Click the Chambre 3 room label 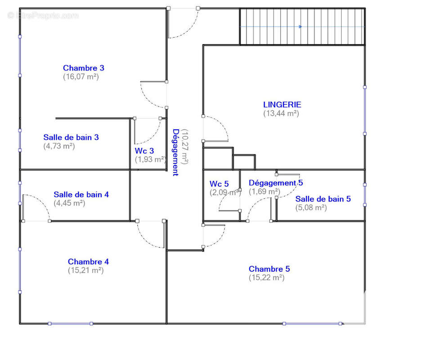click(84, 68)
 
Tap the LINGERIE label click(282, 104)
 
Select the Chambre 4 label click(88, 261)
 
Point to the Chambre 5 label click(269, 269)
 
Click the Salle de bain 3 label click(71, 137)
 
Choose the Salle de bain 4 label click(81, 195)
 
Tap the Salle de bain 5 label click(323, 199)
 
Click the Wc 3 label click(144, 151)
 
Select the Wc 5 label click(219, 184)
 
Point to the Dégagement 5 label click(276, 183)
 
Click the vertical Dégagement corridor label click(176, 152)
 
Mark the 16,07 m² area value click(81, 76)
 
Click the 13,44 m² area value click(281, 113)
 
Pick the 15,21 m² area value click(85, 270)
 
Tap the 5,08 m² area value click(311, 207)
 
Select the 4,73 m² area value click(59, 146)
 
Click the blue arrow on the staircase click(300, 27)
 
